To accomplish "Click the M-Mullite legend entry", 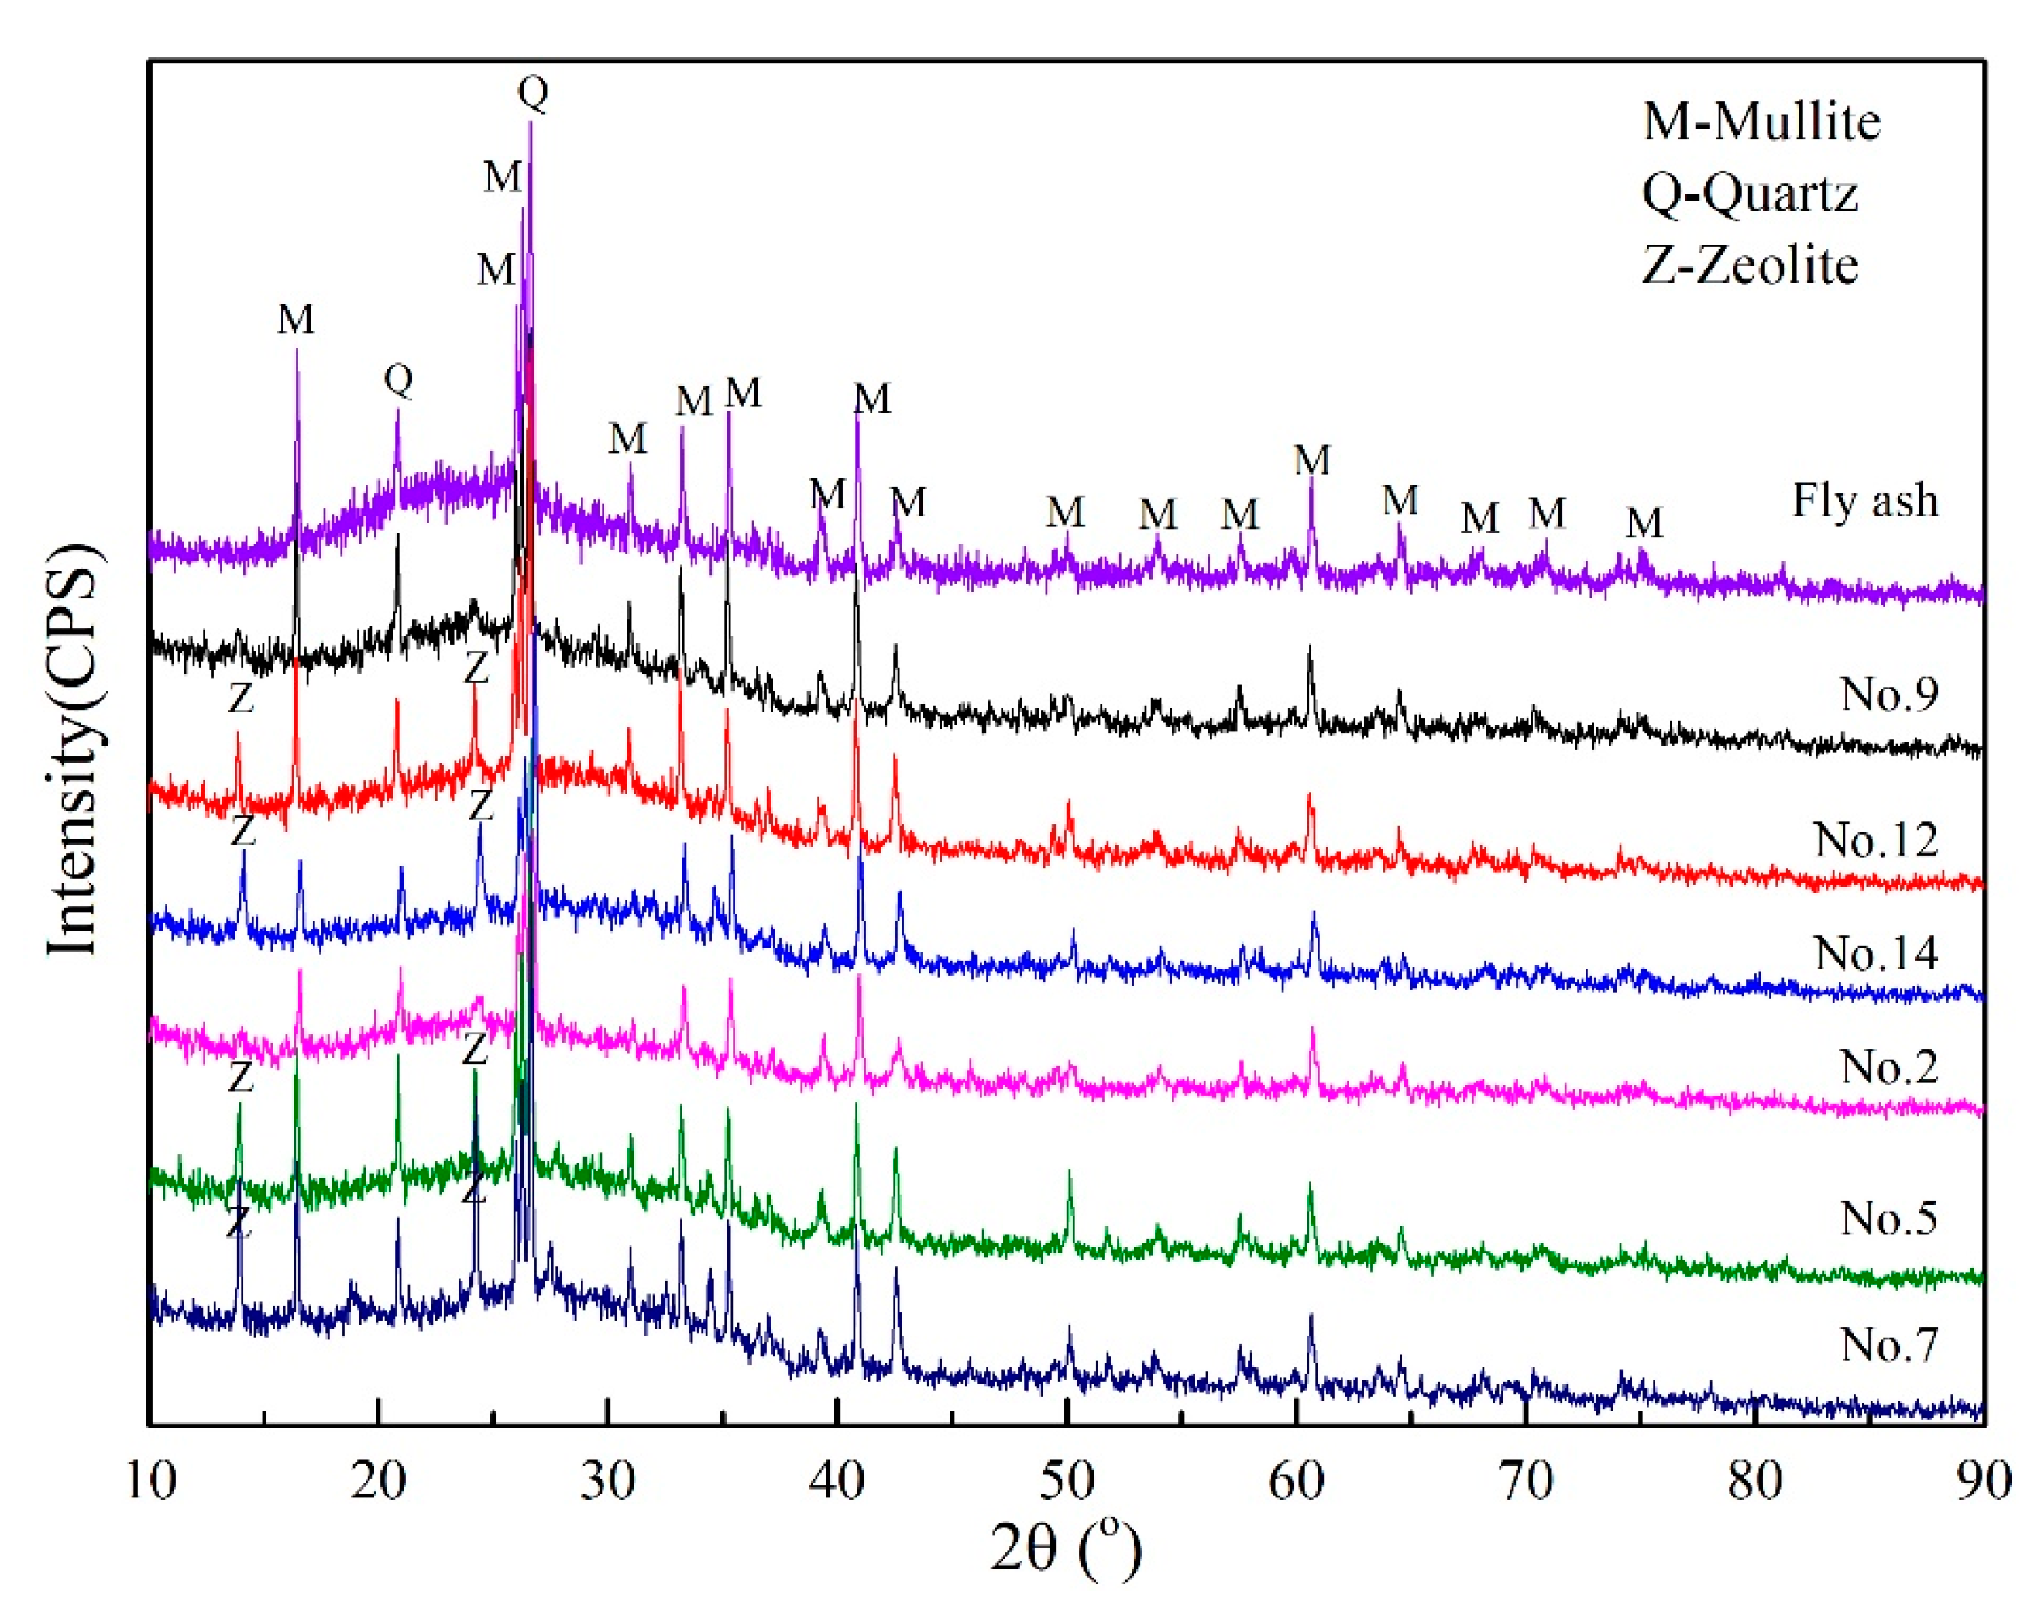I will pos(1761,122).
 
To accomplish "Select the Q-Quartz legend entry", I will pos(1751,194).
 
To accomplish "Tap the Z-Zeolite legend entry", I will pos(1751,265).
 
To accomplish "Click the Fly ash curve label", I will pos(1865,500).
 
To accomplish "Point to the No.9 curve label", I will pos(1889,694).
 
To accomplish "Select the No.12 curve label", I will pos(1876,839).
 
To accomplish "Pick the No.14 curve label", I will pos(1876,953).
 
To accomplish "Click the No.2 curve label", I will pos(1889,1067).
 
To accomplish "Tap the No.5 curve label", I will pos(1889,1218).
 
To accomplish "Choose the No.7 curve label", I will pos(1889,1345).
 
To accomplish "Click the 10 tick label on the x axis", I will pos(150,1482).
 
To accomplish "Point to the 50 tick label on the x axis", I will pos(1067,1482).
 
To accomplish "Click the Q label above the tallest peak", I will pos(533,91).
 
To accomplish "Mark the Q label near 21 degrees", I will pos(399,379).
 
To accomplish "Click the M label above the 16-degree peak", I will pos(296,320).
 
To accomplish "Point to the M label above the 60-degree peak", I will pos(1312,461).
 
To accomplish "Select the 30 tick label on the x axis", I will pos(608,1482).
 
